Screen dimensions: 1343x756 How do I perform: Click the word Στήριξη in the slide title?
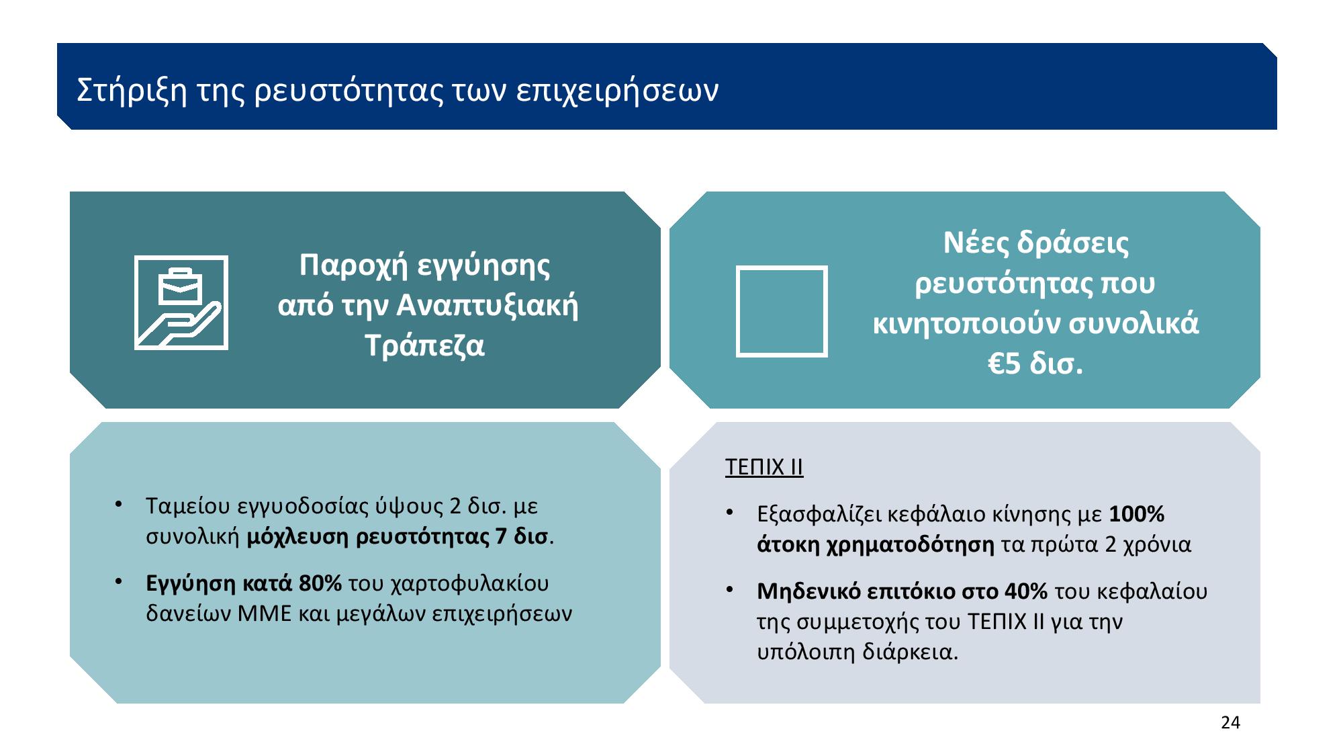click(132, 91)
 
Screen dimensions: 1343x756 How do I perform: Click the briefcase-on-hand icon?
click(181, 302)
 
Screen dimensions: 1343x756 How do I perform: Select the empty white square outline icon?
click(782, 311)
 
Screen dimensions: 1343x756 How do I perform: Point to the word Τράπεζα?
click(424, 346)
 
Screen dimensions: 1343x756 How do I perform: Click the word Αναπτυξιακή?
click(488, 306)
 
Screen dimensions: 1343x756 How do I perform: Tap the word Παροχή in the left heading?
click(351, 265)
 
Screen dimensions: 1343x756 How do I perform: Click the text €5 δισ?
click(1035, 364)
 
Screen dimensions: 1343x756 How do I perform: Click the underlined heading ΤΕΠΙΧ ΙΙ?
click(764, 467)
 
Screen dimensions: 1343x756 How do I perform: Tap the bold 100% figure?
click(1136, 514)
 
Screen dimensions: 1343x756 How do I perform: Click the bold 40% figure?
click(1026, 591)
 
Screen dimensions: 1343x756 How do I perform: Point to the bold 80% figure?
click(320, 583)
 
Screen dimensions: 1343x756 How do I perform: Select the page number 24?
click(1230, 722)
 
